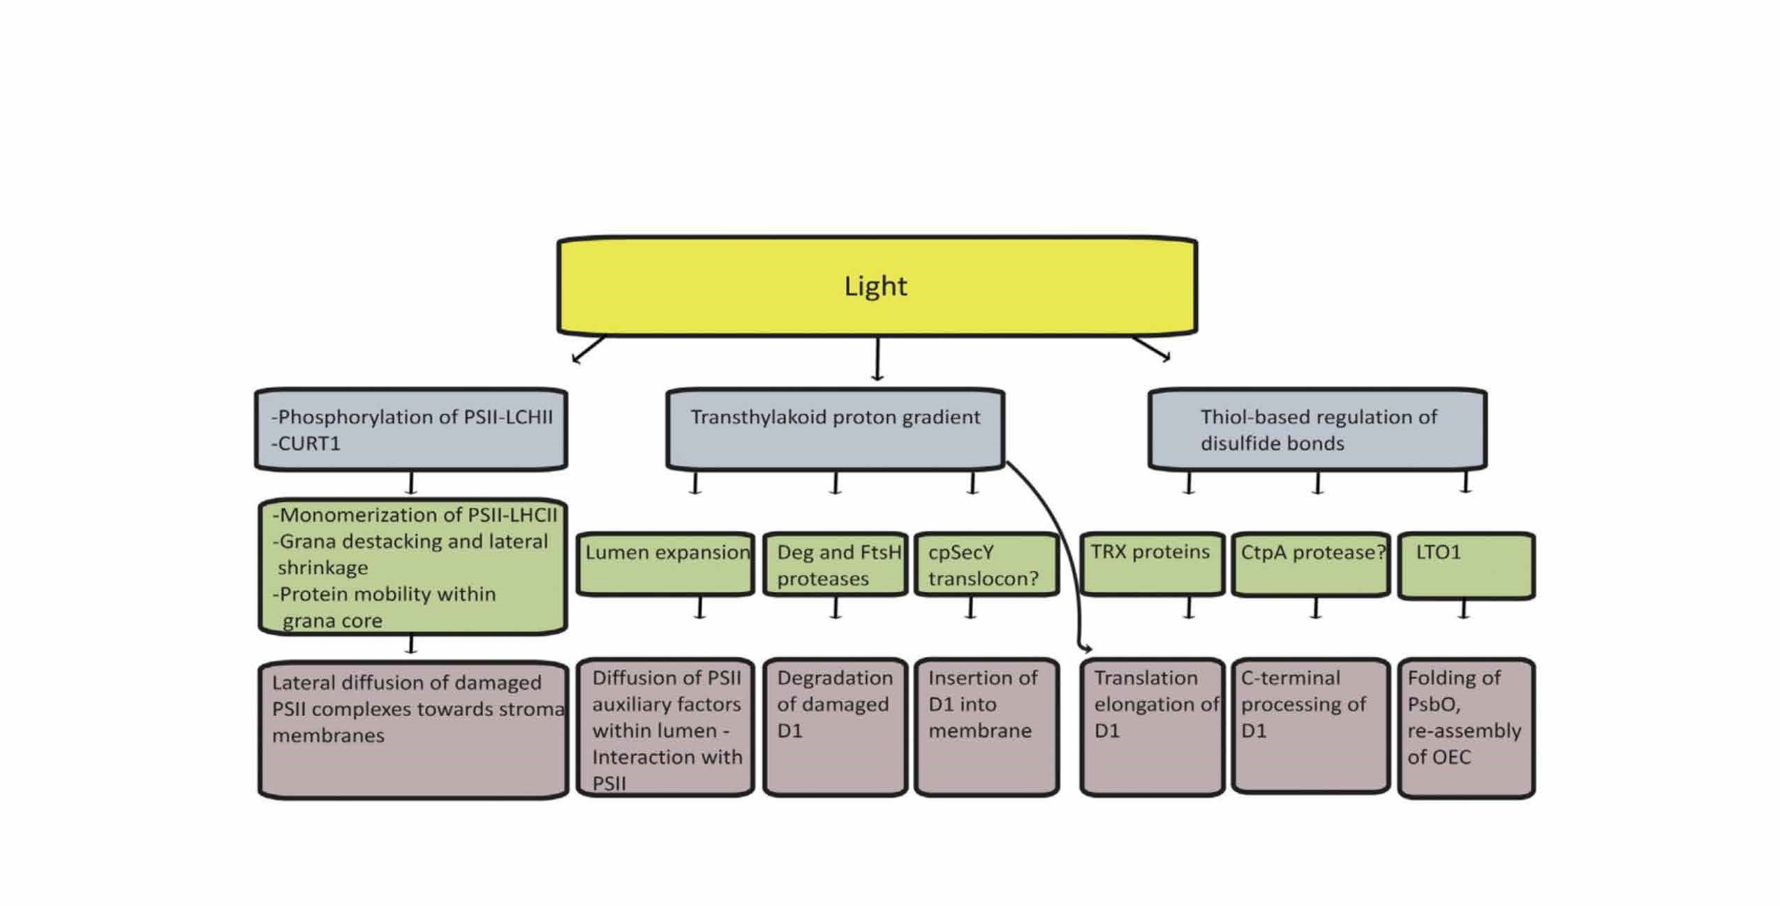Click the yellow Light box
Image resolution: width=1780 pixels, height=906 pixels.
877,286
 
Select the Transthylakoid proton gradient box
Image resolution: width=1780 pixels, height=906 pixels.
835,429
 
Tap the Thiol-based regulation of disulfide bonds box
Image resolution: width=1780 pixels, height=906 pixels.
1317,429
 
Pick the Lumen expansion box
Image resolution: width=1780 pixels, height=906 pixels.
665,564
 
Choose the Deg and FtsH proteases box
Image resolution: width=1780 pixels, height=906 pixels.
835,564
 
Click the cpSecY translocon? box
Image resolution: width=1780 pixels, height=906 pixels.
986,564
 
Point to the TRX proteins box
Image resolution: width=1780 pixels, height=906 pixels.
1152,564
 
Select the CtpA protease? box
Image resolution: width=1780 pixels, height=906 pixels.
1310,564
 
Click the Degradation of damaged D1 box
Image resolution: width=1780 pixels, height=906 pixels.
835,726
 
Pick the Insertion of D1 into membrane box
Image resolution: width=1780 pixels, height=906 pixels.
986,726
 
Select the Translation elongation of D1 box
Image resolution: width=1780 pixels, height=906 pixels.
1152,726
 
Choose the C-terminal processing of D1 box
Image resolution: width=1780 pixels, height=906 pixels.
1310,726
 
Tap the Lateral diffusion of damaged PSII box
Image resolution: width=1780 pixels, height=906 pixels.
412,729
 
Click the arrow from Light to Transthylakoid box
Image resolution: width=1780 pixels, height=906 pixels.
877,359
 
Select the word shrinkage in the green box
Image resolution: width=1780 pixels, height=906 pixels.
322,567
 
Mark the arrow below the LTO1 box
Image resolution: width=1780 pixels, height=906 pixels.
1464,609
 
